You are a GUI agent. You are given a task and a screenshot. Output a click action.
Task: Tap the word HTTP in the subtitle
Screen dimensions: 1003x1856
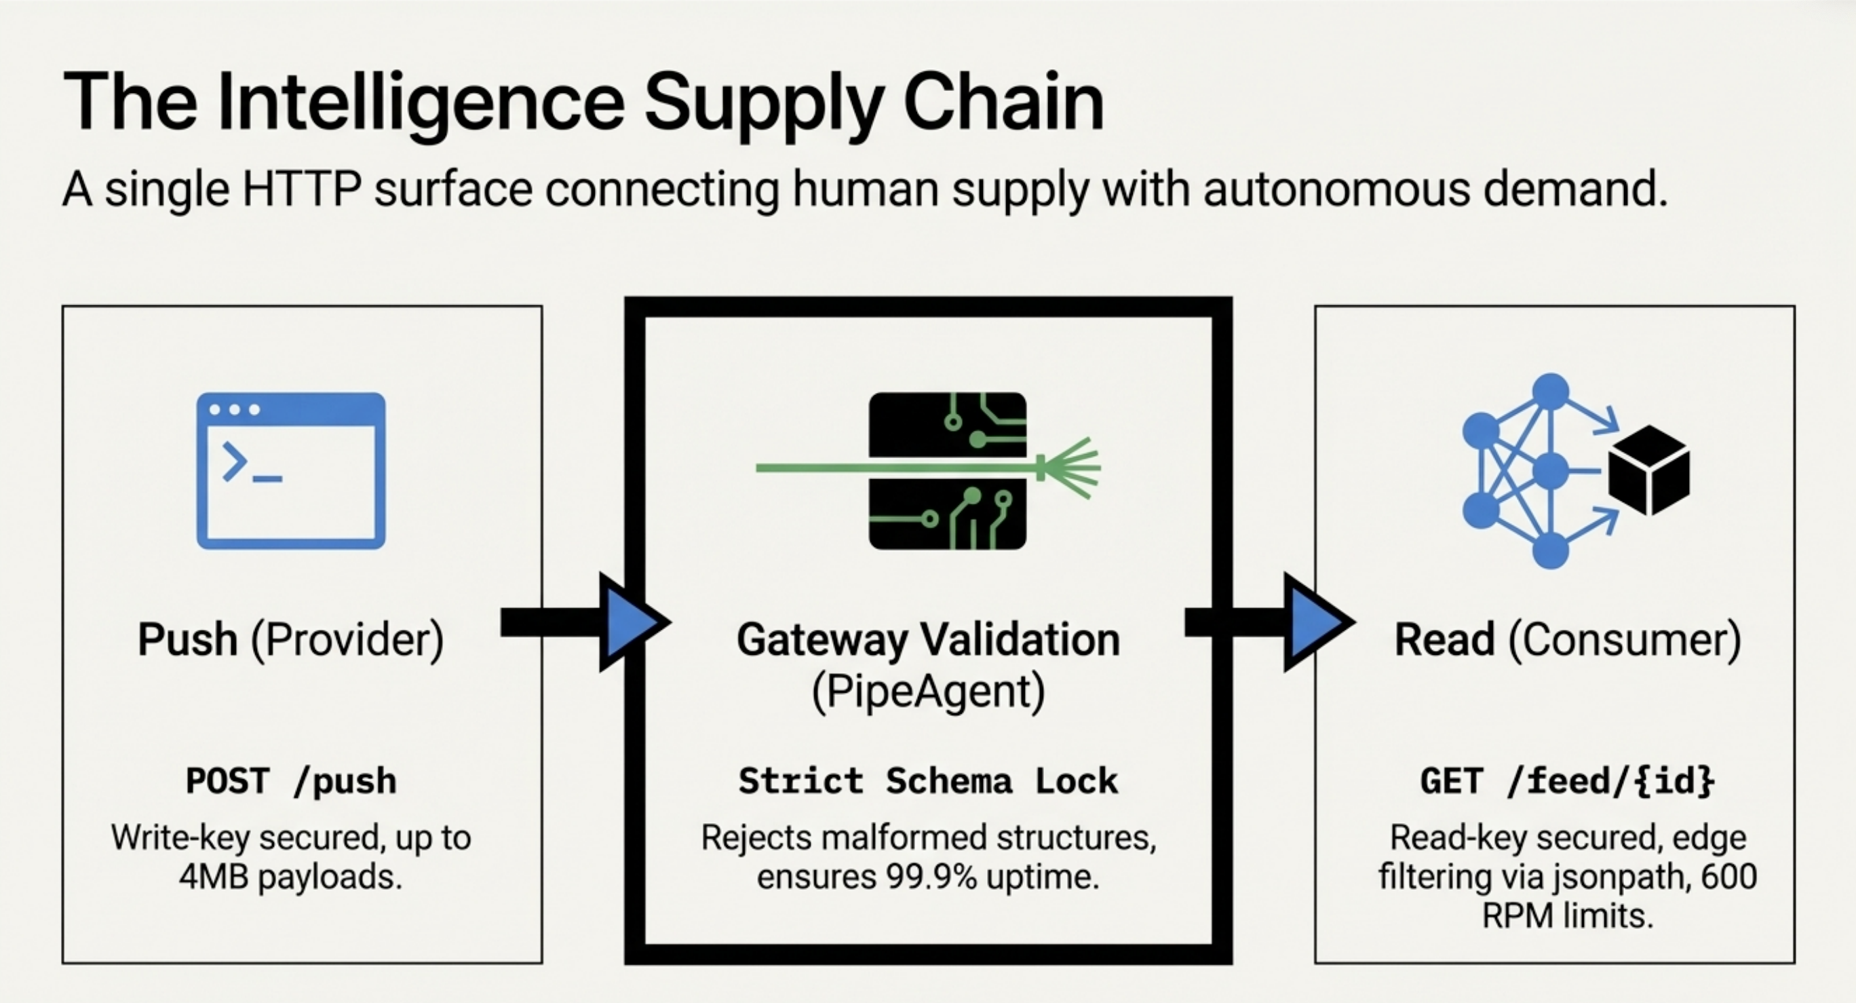(x=301, y=189)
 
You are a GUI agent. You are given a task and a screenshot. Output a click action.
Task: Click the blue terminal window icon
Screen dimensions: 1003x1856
(x=291, y=470)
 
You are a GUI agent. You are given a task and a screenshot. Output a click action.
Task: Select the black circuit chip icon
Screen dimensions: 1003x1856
(x=948, y=470)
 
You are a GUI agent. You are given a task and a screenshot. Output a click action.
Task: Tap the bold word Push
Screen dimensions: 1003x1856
(x=187, y=639)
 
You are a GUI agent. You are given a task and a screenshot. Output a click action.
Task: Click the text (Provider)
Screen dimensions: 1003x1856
(x=347, y=639)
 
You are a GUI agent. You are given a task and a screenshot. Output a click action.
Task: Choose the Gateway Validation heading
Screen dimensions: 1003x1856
(x=928, y=639)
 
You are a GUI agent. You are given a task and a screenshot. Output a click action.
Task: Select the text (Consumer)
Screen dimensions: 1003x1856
(x=1625, y=639)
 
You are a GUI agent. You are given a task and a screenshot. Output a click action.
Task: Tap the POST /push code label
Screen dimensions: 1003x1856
(x=291, y=781)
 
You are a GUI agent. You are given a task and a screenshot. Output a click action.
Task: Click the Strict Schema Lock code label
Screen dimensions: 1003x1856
(x=928, y=781)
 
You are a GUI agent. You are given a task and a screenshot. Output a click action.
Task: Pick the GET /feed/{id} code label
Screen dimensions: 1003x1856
(x=1567, y=781)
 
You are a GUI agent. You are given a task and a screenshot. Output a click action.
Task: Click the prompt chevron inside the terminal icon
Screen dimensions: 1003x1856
(x=235, y=461)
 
